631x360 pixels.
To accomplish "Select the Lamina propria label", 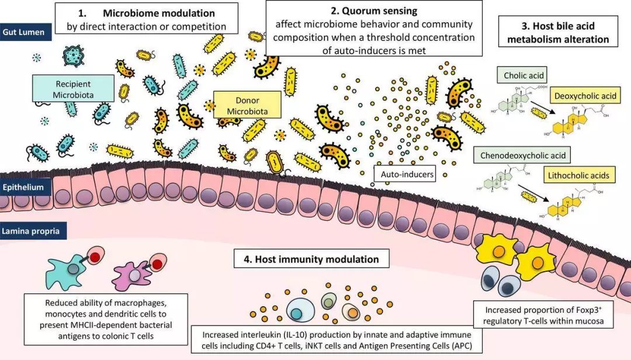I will (x=30, y=232).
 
